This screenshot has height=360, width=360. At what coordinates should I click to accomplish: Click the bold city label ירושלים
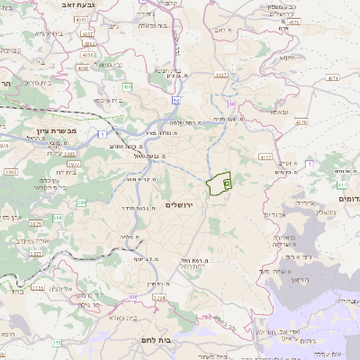point(186,205)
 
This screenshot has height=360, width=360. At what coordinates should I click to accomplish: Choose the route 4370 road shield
point(300,121)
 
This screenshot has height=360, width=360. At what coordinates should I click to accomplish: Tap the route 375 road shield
point(57,342)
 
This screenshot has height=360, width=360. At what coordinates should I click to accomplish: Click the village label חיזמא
point(287,56)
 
